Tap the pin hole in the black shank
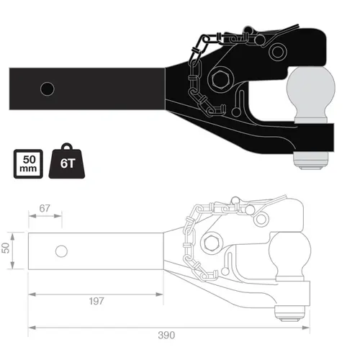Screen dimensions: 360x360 click(x=48, y=89)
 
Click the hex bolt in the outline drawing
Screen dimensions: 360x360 click(x=212, y=243)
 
